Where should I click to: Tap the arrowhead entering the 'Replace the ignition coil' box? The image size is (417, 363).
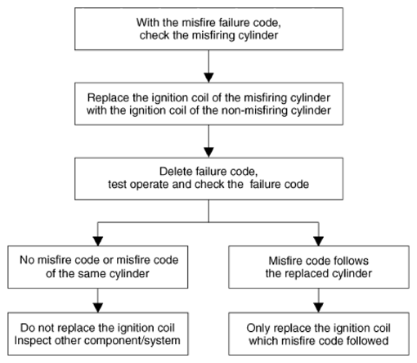[x=208, y=78]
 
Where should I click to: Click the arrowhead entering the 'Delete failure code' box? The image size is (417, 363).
[x=208, y=152]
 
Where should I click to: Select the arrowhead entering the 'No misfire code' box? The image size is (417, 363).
[x=98, y=241]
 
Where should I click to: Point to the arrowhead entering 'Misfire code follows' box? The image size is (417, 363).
[x=319, y=241]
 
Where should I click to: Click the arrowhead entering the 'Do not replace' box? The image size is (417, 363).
[x=98, y=307]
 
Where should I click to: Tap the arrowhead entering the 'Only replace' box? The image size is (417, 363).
[x=319, y=307]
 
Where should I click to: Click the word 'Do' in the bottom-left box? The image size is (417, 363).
[x=27, y=328]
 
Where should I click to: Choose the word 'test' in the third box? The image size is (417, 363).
[x=118, y=185]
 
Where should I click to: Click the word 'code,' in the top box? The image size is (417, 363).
[x=267, y=23]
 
